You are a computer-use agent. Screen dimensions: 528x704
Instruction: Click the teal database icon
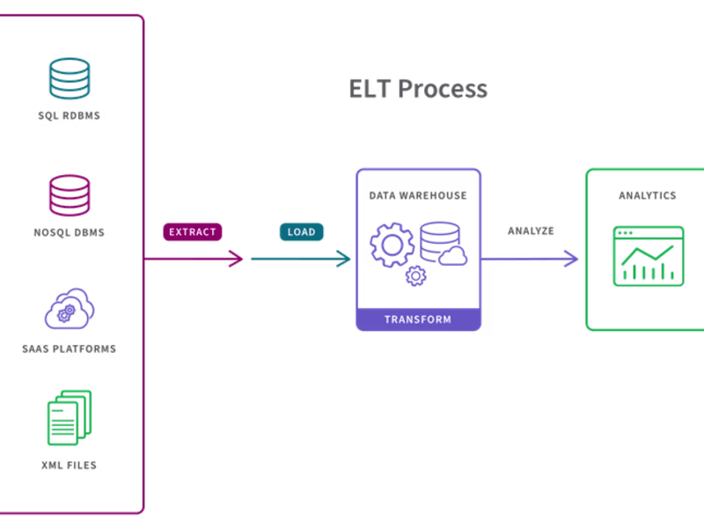(69, 77)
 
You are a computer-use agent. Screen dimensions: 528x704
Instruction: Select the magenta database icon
(69, 194)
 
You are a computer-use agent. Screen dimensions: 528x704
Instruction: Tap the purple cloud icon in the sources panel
(69, 308)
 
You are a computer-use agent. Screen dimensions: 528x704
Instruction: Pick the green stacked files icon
(69, 417)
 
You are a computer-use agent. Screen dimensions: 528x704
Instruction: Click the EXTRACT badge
(192, 231)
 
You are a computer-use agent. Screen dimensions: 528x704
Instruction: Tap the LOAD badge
(301, 231)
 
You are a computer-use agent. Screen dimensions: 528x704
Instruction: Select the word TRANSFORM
(418, 319)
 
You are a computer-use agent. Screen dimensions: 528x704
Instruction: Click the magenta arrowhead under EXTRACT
(236, 258)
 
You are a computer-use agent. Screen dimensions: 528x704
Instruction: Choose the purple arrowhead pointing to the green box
(570, 258)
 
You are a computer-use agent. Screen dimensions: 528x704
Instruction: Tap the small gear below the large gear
(414, 276)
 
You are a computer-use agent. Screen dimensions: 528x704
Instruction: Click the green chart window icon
(649, 256)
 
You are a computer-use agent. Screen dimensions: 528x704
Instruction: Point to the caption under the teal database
(69, 114)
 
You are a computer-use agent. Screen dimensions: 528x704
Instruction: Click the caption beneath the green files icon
(69, 465)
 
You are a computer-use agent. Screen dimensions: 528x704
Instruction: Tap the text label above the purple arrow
(530, 231)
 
